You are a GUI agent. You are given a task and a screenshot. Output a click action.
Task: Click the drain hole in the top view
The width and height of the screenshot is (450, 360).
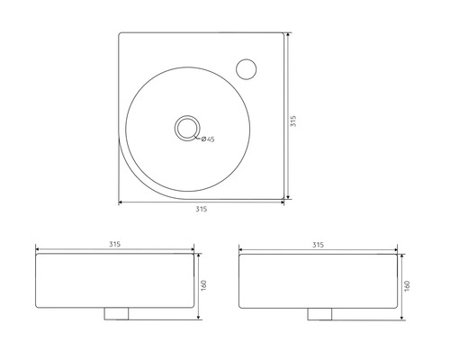(x=186, y=127)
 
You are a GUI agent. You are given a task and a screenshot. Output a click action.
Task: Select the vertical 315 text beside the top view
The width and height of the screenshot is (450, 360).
(x=293, y=122)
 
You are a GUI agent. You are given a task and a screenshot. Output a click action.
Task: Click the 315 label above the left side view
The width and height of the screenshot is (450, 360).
(x=115, y=244)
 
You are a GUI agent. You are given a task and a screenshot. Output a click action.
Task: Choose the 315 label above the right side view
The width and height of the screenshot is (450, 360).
(x=319, y=244)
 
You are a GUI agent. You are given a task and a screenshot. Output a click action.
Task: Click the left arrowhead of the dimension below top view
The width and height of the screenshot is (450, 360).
(x=121, y=202)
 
